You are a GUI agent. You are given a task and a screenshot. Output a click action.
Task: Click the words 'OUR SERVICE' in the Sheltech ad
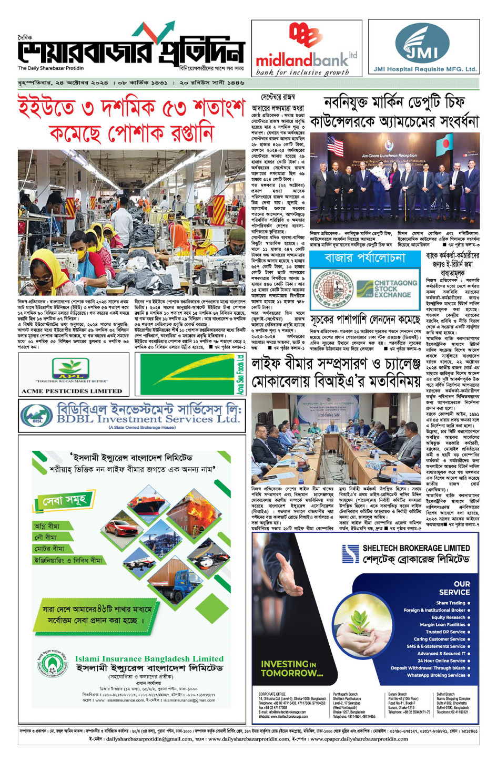tap(454, 587)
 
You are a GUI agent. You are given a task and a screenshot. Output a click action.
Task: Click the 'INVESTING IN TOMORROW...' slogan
tap(292, 668)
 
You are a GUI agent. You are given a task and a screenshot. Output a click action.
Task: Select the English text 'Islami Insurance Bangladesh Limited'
tap(149, 659)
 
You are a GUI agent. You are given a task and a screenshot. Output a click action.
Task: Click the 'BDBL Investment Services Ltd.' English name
tap(148, 419)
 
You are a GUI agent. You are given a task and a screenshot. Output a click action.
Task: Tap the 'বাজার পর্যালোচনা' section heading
tap(365, 258)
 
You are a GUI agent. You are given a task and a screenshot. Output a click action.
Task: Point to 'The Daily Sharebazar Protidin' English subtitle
tap(50, 68)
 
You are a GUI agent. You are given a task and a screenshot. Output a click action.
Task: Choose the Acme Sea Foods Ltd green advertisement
tap(190, 374)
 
